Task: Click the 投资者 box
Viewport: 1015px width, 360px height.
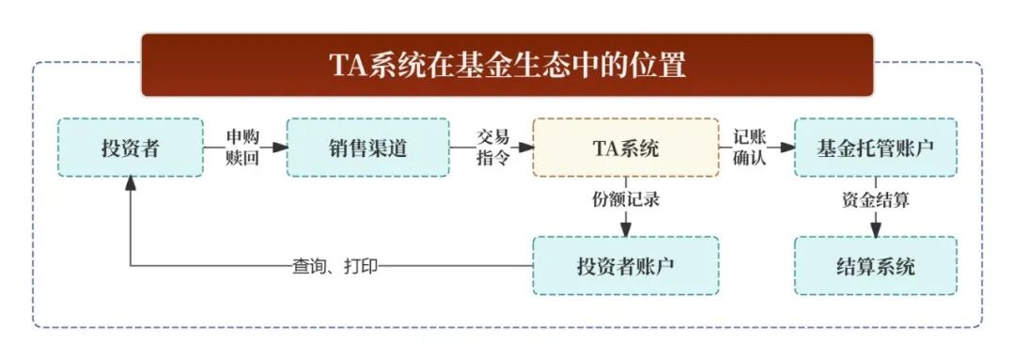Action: point(130,148)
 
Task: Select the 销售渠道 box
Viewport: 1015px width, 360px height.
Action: point(367,148)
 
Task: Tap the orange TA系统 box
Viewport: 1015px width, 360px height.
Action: point(625,148)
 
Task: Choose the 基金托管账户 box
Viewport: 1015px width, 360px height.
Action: point(875,148)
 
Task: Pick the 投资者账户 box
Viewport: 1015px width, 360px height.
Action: point(625,266)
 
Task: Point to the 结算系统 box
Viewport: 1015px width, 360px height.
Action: point(875,266)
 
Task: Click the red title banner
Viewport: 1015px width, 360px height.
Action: point(507,65)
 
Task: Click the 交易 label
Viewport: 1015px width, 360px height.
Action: point(492,136)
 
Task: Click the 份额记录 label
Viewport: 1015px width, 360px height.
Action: point(625,199)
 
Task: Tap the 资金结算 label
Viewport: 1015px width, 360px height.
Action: point(875,199)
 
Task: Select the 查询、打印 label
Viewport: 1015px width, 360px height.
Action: point(335,266)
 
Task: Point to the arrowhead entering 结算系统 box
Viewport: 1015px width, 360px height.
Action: point(875,228)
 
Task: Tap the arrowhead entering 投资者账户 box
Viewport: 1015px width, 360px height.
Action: point(625,228)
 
